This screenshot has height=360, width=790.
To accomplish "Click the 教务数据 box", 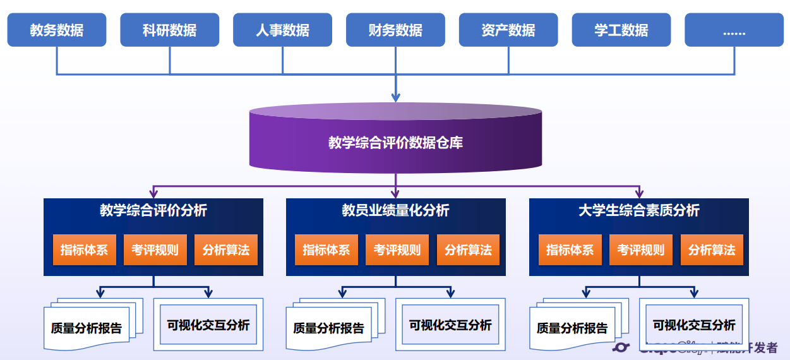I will (x=57, y=30).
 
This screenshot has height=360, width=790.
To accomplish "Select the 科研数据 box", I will (x=169, y=30).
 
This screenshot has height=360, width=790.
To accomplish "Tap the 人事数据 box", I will (x=282, y=30).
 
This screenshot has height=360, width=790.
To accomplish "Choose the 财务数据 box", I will (x=395, y=30).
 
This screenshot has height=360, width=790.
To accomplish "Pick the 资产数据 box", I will (x=508, y=30).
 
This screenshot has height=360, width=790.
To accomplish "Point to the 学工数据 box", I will (x=621, y=30).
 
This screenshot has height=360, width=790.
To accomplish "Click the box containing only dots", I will (x=734, y=30).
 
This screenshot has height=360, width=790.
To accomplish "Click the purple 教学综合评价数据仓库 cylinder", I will (x=395, y=142).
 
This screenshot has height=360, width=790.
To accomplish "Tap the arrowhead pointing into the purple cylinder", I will (x=396, y=97).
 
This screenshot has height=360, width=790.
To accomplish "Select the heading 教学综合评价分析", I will (x=153, y=210).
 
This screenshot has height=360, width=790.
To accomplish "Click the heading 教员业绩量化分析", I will (x=396, y=210).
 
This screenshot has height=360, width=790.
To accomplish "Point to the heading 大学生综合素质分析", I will (x=639, y=210).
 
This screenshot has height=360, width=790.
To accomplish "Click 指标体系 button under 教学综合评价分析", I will (x=84, y=250).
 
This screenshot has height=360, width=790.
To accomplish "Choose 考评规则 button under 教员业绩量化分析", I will (x=397, y=250).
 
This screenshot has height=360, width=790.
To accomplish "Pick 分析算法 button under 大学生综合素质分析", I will (x=712, y=250).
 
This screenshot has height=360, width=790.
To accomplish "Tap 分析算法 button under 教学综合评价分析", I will (x=226, y=250).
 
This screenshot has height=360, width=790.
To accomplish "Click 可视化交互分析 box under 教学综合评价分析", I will (x=208, y=325).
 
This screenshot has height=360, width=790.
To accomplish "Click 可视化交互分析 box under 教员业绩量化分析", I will (x=450, y=325).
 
